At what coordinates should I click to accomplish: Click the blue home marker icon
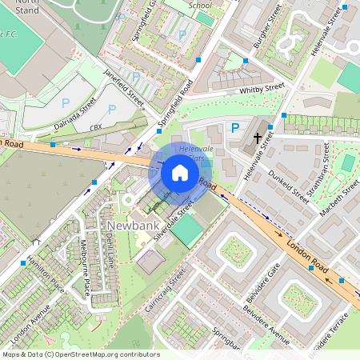179,173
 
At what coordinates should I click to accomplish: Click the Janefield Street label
123,87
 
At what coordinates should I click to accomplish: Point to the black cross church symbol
258,138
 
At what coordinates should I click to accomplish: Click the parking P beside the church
235,128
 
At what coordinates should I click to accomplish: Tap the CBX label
96,127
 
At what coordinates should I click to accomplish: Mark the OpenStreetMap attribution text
80,354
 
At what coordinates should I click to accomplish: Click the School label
200,4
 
